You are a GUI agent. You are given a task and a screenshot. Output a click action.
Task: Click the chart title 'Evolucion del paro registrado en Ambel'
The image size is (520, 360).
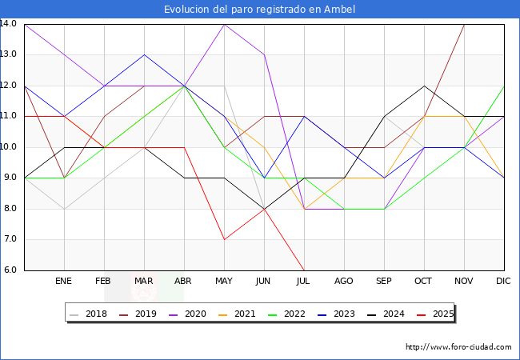tap(259, 10)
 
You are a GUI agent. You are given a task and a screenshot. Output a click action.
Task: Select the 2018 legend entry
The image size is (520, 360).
tap(89, 314)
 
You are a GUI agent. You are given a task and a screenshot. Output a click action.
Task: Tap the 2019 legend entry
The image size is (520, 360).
tap(138, 314)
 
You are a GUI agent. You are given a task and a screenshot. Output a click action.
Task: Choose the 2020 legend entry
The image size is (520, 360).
tap(188, 314)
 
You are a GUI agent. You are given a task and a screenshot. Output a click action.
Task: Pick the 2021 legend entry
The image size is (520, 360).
tap(237, 314)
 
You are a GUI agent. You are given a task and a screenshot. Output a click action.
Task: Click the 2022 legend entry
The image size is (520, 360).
tap(287, 314)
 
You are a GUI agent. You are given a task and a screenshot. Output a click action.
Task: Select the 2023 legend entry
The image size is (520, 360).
tap(336, 314)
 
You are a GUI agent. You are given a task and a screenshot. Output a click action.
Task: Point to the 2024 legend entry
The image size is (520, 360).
tap(386, 314)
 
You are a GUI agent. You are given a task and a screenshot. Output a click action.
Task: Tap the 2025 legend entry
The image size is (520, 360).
tap(435, 314)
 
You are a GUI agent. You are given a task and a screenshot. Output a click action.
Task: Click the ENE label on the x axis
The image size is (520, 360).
tap(63, 281)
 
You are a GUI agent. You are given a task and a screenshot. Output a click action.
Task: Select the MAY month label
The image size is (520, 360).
tap(224, 281)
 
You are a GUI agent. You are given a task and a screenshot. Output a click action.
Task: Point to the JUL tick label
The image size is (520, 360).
tap(303, 281)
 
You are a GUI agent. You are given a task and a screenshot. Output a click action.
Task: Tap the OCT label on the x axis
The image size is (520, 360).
tap(423, 281)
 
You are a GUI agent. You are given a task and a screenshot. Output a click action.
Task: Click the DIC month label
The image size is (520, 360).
tap(503, 281)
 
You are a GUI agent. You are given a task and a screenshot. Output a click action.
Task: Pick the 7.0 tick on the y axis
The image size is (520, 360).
tap(10, 239)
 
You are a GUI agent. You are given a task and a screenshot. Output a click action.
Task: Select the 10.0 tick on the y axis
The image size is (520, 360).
tap(8, 147)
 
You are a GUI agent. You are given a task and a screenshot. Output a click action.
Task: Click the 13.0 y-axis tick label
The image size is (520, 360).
tap(8, 54)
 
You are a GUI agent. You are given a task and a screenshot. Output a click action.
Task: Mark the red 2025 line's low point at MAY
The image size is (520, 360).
tap(225, 239)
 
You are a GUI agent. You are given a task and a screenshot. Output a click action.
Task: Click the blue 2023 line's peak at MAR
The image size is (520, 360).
tap(144, 54)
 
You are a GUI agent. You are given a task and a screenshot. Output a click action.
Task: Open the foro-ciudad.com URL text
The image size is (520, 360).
tap(458, 347)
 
